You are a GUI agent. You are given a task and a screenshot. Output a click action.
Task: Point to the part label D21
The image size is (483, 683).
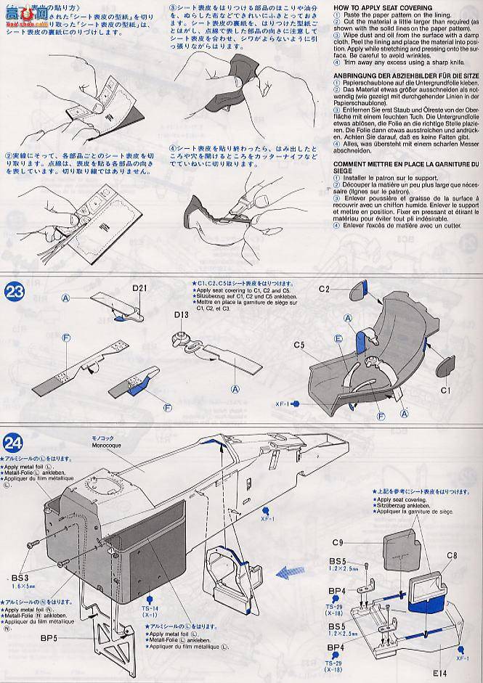(x=141, y=288)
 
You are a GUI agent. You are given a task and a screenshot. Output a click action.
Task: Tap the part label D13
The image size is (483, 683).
(x=182, y=314)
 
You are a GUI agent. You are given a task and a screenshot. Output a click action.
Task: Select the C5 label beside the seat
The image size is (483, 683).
(x=300, y=345)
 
